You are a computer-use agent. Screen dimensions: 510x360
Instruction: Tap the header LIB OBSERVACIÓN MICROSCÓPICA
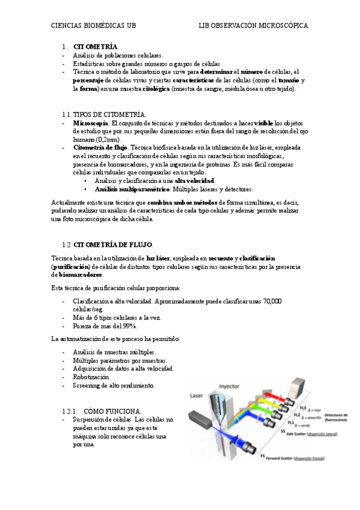[x=254, y=26]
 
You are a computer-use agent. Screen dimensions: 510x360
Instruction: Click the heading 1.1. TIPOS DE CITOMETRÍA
[x=103, y=114]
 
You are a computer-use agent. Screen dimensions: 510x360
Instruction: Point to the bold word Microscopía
[x=91, y=123]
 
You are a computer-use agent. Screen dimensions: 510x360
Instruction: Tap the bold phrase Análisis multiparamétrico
[x=132, y=189]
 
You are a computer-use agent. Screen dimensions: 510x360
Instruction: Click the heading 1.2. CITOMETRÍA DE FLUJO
[x=107, y=244]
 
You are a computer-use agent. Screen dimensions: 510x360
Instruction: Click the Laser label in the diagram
[x=197, y=396]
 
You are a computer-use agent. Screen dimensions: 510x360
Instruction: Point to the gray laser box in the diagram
[x=200, y=418]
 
